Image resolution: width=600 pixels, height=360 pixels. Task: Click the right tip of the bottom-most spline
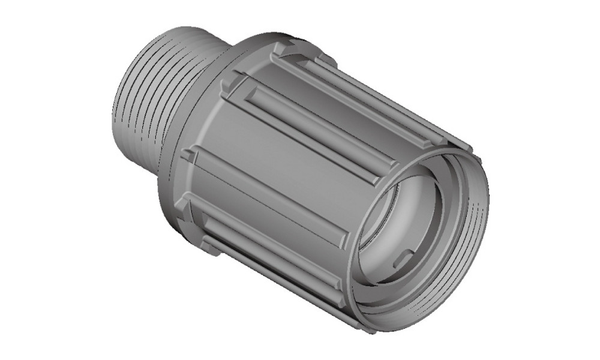click(x=360, y=327)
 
